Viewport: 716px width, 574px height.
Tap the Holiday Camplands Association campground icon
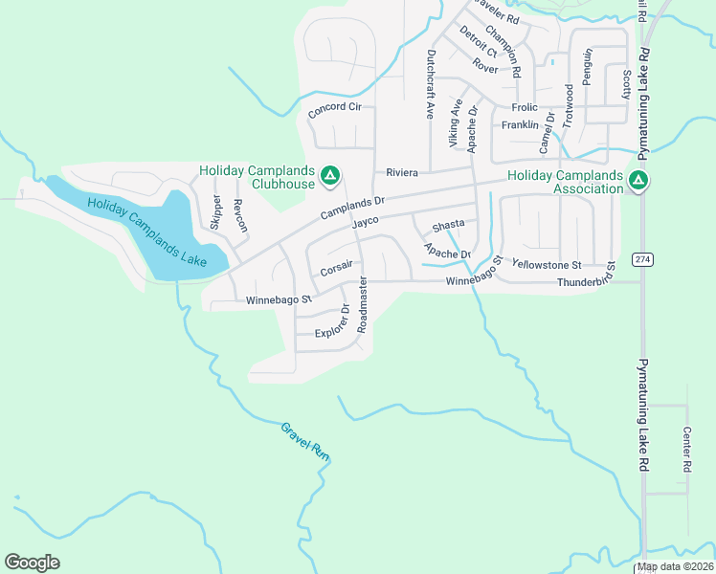click(x=638, y=179)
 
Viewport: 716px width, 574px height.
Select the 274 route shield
click(x=641, y=259)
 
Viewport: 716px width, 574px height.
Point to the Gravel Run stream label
click(x=305, y=442)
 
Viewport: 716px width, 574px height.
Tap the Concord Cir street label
click(x=334, y=110)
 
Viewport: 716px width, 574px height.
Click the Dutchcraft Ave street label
click(x=431, y=84)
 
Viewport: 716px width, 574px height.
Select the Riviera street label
click(x=404, y=173)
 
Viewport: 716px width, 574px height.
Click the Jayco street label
click(x=366, y=222)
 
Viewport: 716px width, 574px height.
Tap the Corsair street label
click(x=338, y=267)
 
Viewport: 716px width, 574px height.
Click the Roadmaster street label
click(x=363, y=304)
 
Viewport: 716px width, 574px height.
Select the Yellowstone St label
click(x=547, y=264)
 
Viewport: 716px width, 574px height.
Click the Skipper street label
click(x=215, y=212)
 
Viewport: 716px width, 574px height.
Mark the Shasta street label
click(x=448, y=225)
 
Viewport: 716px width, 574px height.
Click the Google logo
click(x=32, y=563)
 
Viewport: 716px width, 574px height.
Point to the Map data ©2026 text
click(x=674, y=566)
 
